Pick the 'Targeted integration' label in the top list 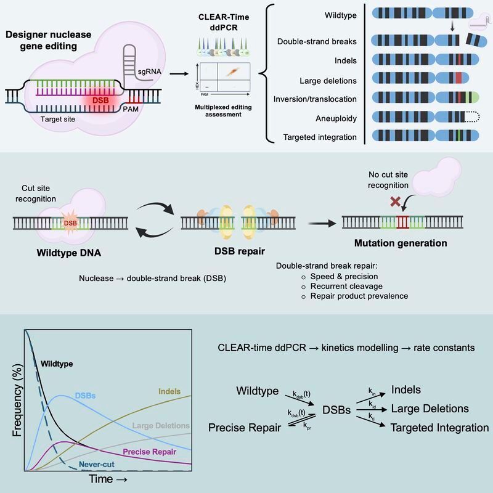click(320, 137)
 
